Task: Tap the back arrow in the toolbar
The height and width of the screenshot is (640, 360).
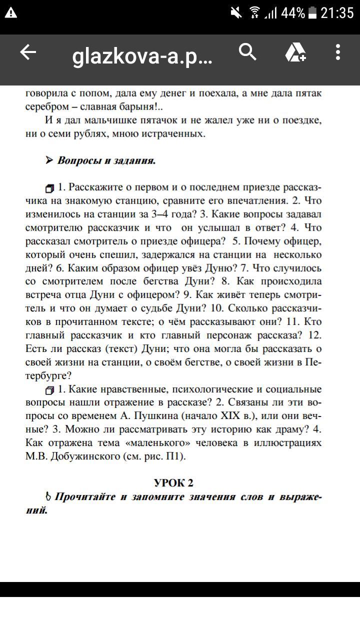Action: click(28, 52)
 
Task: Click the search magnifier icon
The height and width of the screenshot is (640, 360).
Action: click(247, 51)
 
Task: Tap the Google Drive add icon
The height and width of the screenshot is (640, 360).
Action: click(295, 52)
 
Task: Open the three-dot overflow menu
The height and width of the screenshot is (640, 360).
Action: click(338, 52)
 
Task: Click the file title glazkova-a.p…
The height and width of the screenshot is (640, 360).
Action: click(142, 57)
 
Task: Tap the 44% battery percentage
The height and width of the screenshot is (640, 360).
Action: click(292, 13)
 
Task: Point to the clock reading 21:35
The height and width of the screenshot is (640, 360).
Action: click(337, 13)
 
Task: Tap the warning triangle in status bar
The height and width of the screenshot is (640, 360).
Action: click(10, 13)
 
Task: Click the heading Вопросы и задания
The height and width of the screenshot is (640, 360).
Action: click(106, 160)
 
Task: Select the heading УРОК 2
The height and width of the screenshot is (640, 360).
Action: click(173, 482)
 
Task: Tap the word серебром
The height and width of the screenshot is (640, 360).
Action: click(46, 107)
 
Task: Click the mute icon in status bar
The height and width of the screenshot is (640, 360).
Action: click(235, 13)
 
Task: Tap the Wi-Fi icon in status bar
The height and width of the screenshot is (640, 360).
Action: click(254, 13)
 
